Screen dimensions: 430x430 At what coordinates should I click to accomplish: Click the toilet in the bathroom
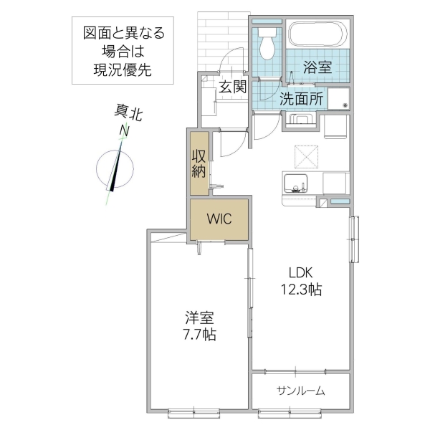268,44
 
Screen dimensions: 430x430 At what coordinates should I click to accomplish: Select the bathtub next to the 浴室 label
317,35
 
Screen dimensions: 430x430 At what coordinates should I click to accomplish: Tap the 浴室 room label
317,68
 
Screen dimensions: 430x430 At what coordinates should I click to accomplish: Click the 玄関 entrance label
232,87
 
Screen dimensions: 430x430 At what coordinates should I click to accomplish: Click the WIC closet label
219,220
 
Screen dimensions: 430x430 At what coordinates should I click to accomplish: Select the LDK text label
301,272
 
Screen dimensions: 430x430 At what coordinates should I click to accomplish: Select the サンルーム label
301,391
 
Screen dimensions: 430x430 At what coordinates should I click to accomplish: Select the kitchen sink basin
295,183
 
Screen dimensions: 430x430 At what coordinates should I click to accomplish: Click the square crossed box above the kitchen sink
307,154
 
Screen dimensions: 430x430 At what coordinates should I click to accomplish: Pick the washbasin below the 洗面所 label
301,120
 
